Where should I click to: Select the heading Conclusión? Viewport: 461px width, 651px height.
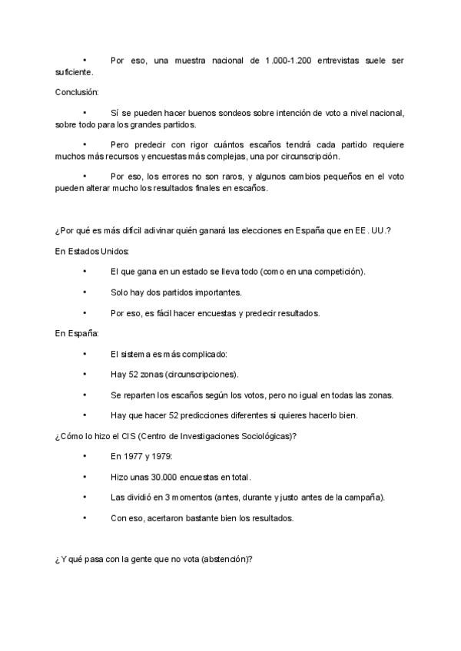click(x=78, y=92)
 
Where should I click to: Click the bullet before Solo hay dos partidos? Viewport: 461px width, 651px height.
click(x=85, y=292)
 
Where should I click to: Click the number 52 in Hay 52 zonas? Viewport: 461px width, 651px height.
click(x=134, y=375)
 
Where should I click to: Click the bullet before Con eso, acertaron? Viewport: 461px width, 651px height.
click(x=85, y=518)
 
